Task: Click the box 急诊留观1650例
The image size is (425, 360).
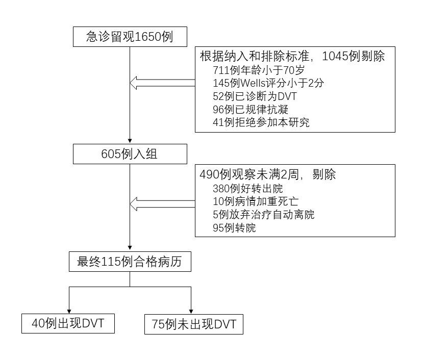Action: click(x=130, y=37)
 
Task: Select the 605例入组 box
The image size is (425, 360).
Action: click(x=130, y=153)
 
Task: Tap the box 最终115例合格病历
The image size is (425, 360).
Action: click(x=130, y=262)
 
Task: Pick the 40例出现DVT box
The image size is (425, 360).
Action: click(x=68, y=324)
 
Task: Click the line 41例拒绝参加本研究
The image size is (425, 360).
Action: click(x=261, y=122)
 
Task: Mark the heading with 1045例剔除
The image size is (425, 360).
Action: click(x=292, y=56)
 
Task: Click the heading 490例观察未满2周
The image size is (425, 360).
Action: click(x=268, y=174)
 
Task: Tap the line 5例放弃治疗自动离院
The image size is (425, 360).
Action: click(x=264, y=215)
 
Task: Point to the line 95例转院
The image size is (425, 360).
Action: click(x=234, y=228)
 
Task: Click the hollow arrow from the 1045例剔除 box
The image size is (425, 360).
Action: click(x=162, y=82)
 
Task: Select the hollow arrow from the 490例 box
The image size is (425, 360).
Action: click(x=162, y=204)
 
